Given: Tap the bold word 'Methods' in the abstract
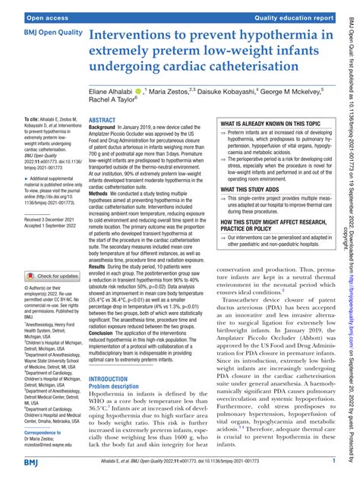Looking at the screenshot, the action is coord(102,215).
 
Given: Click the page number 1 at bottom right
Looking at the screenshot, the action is coord(334,461).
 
